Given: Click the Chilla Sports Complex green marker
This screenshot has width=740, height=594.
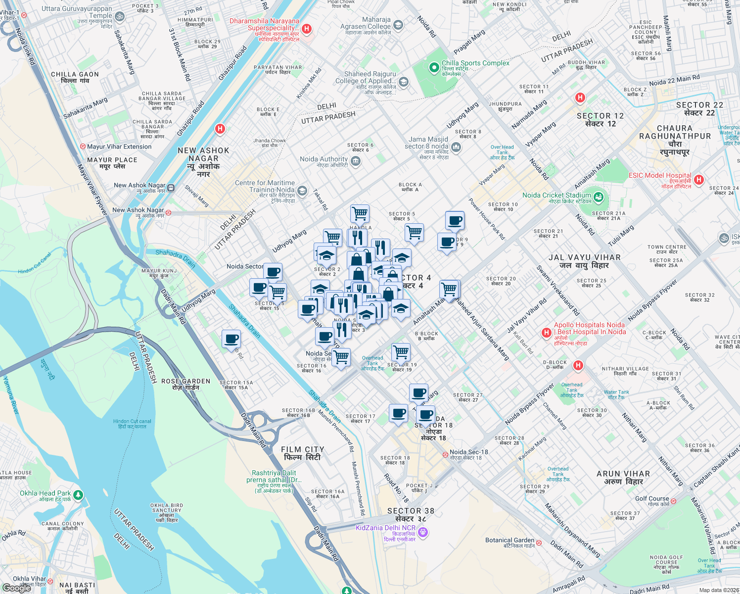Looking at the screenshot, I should click(x=434, y=67).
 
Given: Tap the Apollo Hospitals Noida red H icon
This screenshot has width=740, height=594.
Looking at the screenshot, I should click(x=546, y=333).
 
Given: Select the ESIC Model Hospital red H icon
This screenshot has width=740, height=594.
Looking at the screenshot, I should click(x=698, y=180).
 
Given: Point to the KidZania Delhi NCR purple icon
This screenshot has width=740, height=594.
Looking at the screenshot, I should click(x=422, y=532).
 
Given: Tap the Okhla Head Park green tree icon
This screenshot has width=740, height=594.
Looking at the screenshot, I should click(x=78, y=495).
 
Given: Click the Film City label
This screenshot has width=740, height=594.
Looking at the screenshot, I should click(x=302, y=453).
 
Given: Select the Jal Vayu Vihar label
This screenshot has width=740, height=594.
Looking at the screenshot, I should click(x=584, y=261).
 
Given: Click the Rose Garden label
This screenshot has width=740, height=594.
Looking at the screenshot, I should click(x=185, y=384).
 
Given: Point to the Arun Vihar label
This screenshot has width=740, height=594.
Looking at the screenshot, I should click(x=623, y=477).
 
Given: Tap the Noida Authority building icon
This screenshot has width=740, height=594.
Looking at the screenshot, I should click(x=355, y=161).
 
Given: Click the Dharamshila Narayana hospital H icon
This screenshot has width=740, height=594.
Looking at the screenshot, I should click(x=307, y=29).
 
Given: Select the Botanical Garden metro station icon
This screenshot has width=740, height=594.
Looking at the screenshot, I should click(x=539, y=543).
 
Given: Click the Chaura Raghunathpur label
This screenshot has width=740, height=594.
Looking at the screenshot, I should click(x=675, y=140).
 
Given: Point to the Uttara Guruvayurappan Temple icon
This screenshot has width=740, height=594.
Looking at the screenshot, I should click(x=119, y=16).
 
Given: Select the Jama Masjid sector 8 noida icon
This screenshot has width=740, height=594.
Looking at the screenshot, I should click(x=456, y=147).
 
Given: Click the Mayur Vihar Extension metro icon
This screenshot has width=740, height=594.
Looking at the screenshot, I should click(x=83, y=147).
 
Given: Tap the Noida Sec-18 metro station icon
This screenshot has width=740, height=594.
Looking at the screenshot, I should click(x=445, y=454).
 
